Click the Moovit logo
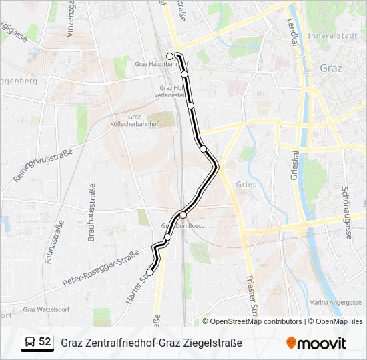pyautogui.click(x=316, y=343)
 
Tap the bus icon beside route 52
pyautogui.click(x=29, y=343)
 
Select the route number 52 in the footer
pyautogui.click(x=45, y=342)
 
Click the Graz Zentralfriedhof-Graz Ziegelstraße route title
pyautogui.click(x=151, y=343)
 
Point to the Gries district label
pyautogui.click(x=247, y=185)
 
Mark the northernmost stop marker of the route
pyautogui.click(x=170, y=56)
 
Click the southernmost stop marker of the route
pyautogui.click(x=150, y=272)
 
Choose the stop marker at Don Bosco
pyautogui.click(x=183, y=215)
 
